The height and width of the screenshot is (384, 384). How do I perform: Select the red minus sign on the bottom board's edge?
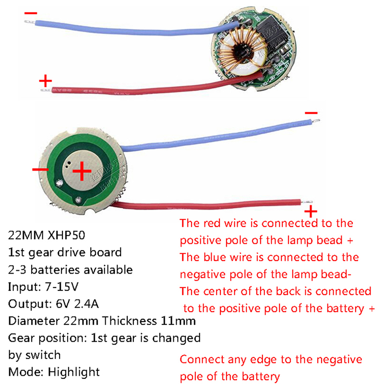click(40, 170)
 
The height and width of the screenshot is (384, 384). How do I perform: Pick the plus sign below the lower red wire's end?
click(311, 211)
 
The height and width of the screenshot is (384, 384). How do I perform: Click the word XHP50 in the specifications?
click(65, 236)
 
